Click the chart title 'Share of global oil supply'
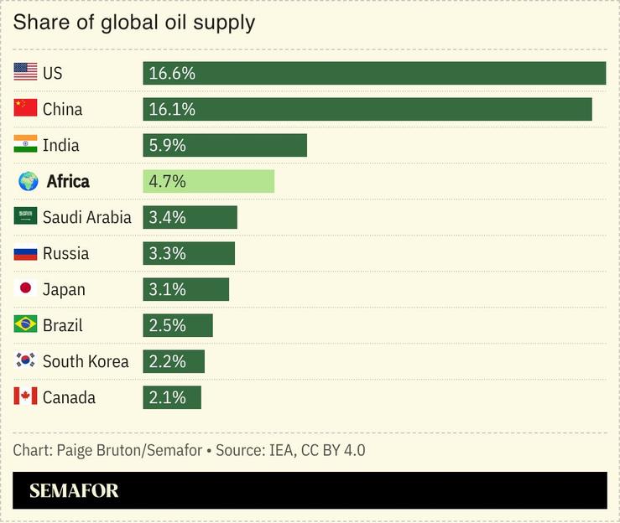click(x=133, y=23)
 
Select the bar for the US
click(x=374, y=73)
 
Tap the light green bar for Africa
click(x=208, y=181)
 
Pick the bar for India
click(x=225, y=145)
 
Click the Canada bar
click(x=172, y=397)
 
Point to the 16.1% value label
click(x=172, y=109)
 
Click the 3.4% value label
click(x=167, y=217)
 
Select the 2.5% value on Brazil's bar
click(x=167, y=325)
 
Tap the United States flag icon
click(x=26, y=73)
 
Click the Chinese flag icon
click(x=26, y=109)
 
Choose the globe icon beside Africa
click(x=28, y=181)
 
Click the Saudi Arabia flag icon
click(x=26, y=217)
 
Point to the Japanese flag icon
click(x=26, y=289)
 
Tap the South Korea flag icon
click(x=26, y=361)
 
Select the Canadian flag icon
click(x=26, y=397)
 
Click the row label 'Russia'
click(x=65, y=253)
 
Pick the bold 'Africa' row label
click(x=68, y=181)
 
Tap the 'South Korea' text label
click(x=86, y=361)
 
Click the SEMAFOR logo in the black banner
click(x=74, y=491)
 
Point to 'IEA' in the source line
click(x=280, y=450)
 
